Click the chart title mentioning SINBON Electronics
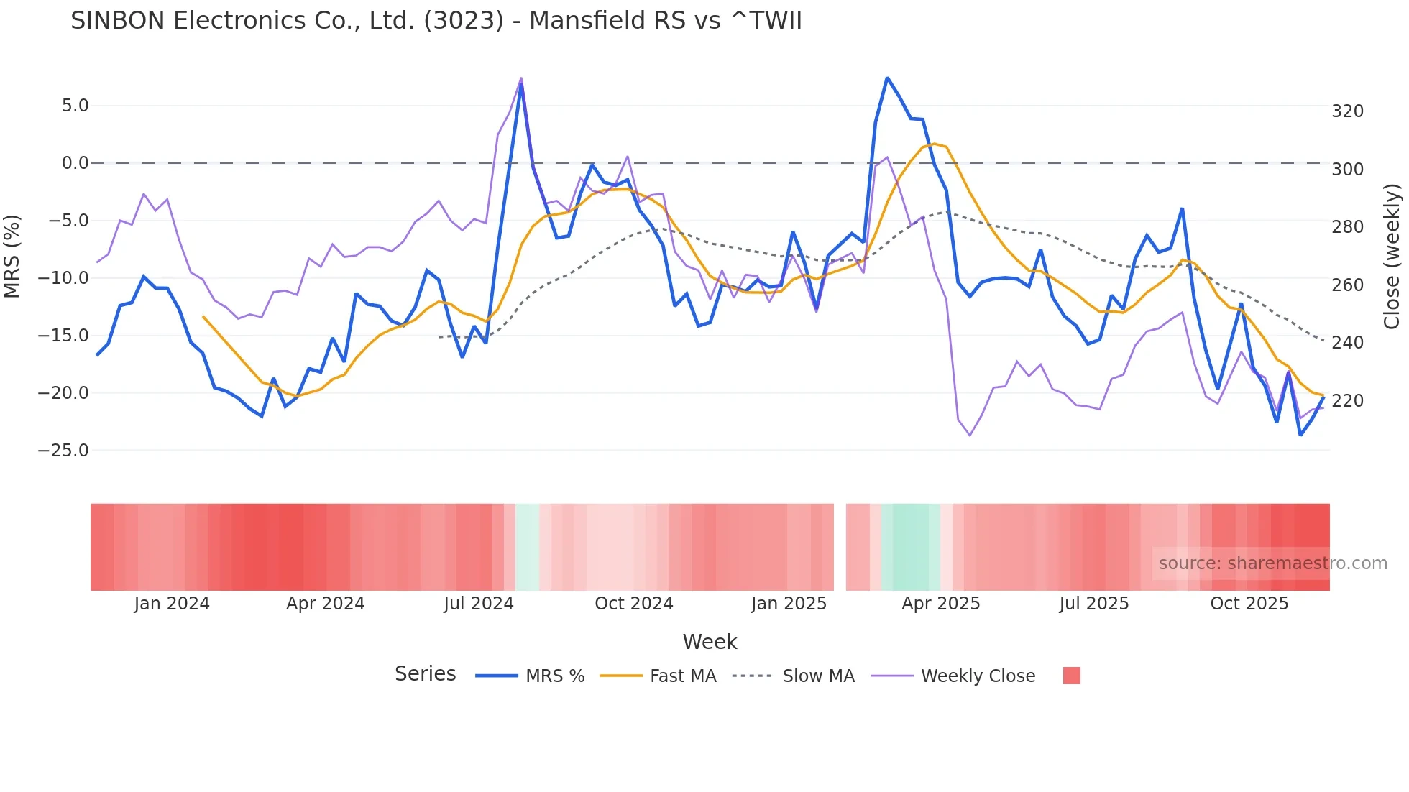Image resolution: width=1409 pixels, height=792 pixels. pyautogui.click(x=436, y=21)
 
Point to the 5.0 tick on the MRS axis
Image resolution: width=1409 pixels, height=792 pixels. pyautogui.click(x=75, y=106)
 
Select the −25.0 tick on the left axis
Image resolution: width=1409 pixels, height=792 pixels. pyautogui.click(x=63, y=451)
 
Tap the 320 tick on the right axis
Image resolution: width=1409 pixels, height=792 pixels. pyautogui.click(x=1347, y=111)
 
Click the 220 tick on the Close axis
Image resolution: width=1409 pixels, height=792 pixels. pyautogui.click(x=1347, y=400)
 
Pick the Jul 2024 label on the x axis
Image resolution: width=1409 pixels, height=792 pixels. pyautogui.click(x=478, y=604)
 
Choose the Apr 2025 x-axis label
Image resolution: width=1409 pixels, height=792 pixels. pyautogui.click(x=940, y=604)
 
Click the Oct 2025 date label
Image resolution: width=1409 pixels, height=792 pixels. pyautogui.click(x=1249, y=604)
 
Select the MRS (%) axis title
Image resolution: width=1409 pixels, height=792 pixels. pyautogui.click(x=12, y=257)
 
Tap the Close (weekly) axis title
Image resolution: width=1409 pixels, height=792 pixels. pyautogui.click(x=1392, y=257)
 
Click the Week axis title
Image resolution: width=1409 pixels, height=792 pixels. pyautogui.click(x=710, y=642)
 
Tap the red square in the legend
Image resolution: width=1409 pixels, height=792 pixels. pyautogui.click(x=1071, y=676)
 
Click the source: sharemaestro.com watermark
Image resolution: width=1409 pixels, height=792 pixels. pyautogui.click(x=1272, y=563)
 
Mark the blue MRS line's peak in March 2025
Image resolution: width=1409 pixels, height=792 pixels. pyautogui.click(x=887, y=78)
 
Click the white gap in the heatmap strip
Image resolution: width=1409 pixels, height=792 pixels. pyautogui.click(x=840, y=547)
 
